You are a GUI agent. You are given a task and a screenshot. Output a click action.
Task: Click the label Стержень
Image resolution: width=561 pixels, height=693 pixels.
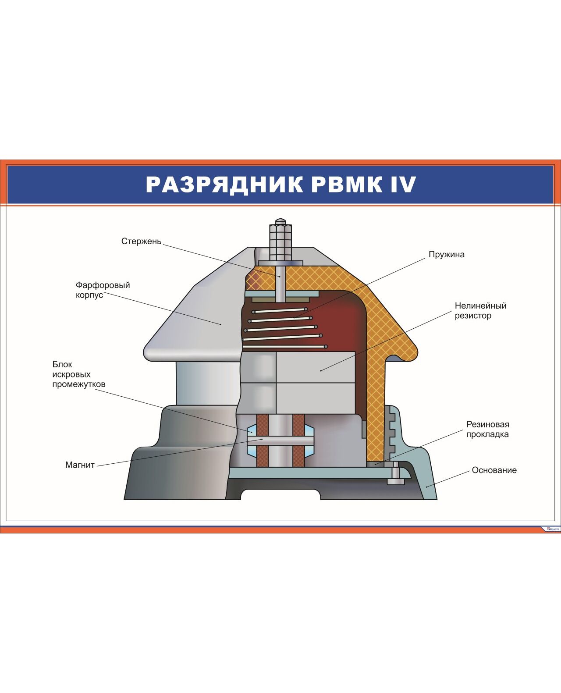click(141, 242)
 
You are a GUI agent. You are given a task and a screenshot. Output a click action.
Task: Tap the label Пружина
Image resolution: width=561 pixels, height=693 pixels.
click(446, 255)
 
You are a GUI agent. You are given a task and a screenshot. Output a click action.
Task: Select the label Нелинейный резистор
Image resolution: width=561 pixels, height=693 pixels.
click(480, 310)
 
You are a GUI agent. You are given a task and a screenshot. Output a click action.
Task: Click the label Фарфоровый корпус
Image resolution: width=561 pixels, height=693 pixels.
click(103, 290)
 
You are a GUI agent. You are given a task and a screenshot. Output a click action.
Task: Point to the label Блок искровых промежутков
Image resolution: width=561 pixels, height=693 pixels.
click(79, 374)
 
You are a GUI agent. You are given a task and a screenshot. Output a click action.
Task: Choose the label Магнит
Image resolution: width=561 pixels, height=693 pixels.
click(80, 465)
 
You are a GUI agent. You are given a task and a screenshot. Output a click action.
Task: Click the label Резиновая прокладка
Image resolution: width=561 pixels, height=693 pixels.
click(487, 429)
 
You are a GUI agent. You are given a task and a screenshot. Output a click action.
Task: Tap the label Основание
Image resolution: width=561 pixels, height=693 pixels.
click(494, 470)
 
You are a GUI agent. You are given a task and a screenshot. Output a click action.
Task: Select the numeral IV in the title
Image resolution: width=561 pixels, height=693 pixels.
click(402, 185)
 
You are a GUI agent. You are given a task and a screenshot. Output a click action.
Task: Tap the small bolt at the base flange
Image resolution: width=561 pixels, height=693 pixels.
click(396, 477)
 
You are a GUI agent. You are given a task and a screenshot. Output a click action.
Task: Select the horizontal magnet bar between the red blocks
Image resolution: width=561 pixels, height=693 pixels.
click(280, 440)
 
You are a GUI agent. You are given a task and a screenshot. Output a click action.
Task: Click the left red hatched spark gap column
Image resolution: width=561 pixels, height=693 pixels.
click(262, 440)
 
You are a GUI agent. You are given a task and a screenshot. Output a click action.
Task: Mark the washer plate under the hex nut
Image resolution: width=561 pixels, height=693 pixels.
click(280, 262)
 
